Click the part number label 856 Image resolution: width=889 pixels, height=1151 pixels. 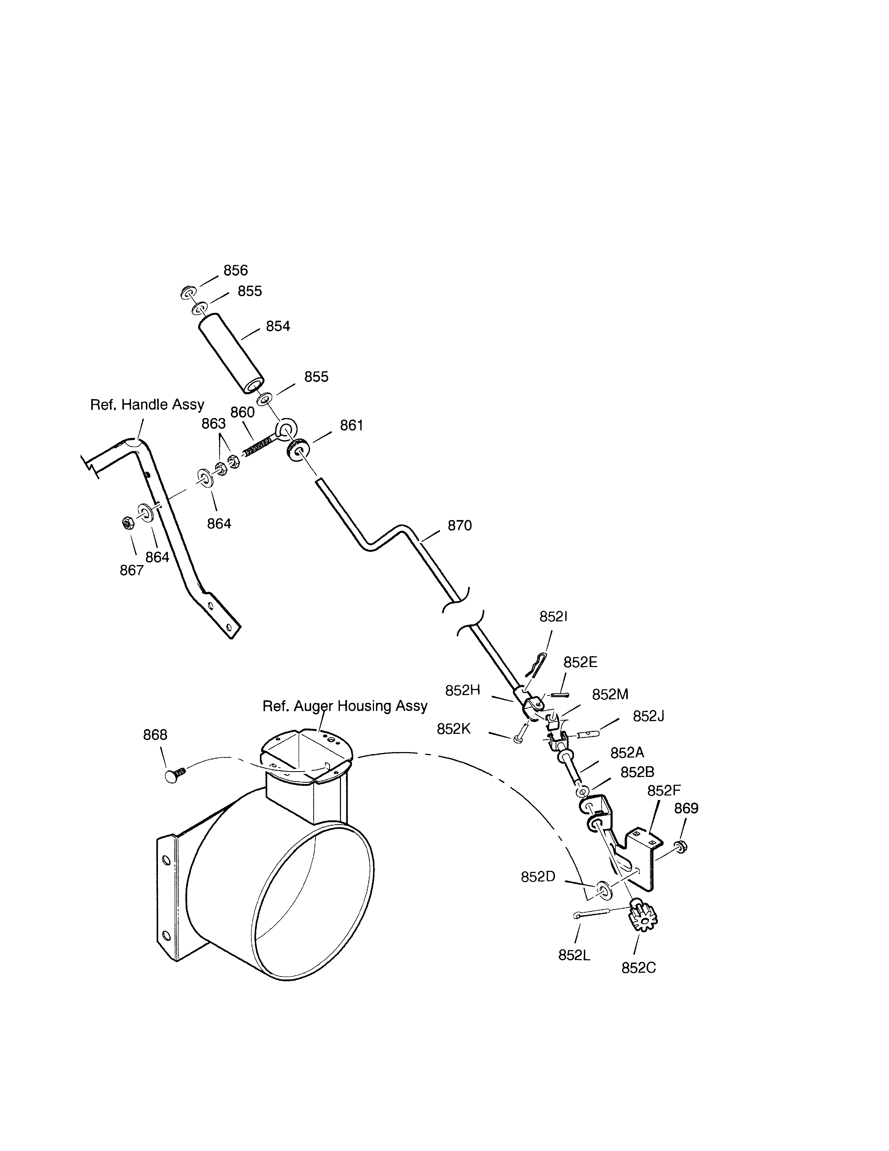point(235,270)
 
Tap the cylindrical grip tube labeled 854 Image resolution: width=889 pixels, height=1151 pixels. point(231,353)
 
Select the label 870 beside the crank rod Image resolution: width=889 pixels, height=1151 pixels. point(460,526)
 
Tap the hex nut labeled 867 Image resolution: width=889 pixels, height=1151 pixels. point(127,523)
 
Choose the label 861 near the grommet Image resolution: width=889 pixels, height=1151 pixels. point(352,425)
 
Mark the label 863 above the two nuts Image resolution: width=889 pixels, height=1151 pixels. point(214,424)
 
